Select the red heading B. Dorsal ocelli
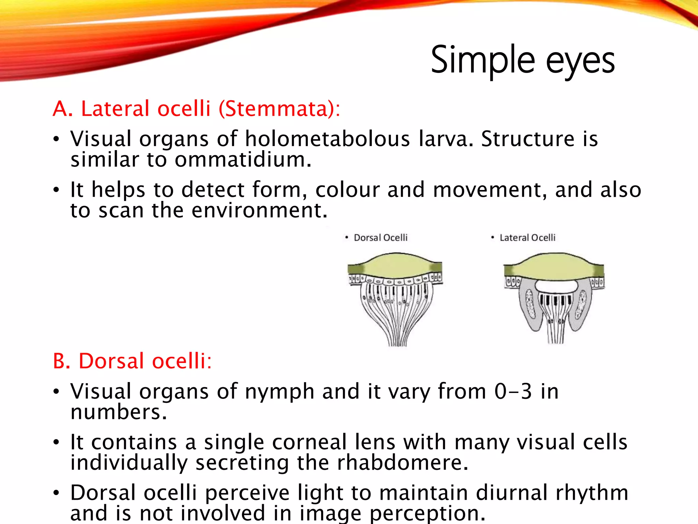pos(132,361)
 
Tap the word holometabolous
pos(327,139)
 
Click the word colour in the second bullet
pos(347,190)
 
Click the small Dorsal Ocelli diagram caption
pos(380,238)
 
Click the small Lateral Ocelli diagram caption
pos(527,238)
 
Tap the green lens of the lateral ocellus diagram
pos(555,266)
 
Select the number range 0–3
pos(513,391)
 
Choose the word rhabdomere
pos(402,463)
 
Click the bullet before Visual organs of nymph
pos(56,392)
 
